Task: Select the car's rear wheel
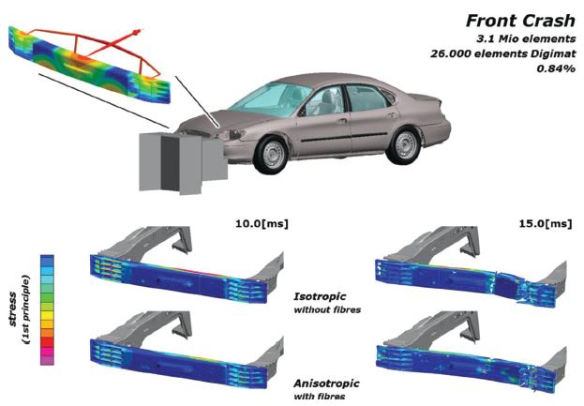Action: [405, 144]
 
